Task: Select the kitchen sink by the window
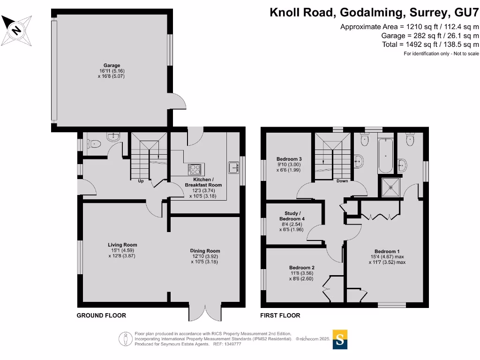point(233,167)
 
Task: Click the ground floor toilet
point(94,144)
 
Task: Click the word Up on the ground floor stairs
point(141,181)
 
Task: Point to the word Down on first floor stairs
point(342,181)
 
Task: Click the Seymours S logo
point(340,339)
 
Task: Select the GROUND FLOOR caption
point(101,315)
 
